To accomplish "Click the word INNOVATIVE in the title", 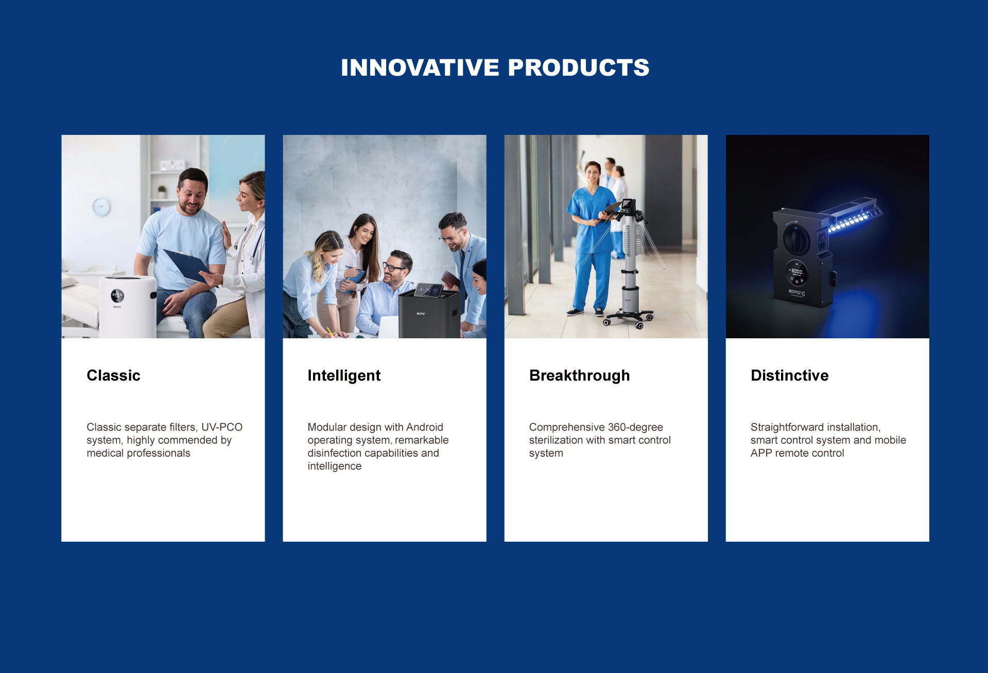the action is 420,67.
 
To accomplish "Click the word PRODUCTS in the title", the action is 579,67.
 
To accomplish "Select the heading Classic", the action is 113,375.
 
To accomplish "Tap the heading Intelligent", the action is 344,376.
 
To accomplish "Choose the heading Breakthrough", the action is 579,376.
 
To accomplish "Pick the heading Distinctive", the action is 789,375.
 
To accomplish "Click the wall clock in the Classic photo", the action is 101,207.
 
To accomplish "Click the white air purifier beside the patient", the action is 128,306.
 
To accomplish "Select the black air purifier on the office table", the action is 429,312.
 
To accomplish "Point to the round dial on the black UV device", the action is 796,239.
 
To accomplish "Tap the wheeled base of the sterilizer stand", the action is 628,318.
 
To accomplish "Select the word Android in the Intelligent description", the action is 424,427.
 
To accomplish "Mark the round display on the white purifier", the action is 117,296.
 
